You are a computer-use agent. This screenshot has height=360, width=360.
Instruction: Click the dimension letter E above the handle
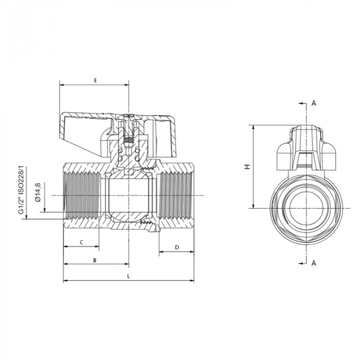tap(95, 81)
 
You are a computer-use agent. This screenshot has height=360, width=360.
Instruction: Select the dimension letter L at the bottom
tap(129, 276)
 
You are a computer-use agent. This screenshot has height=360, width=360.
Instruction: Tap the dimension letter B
tap(95, 260)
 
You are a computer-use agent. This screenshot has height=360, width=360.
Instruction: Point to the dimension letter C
tap(81, 242)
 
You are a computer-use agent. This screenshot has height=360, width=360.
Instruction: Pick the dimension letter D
tap(177, 247)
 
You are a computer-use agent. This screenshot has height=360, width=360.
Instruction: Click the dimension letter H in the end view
tap(247, 167)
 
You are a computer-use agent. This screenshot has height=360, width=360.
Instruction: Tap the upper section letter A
tap(314, 103)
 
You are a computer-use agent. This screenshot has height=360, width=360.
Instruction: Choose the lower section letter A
tap(314, 263)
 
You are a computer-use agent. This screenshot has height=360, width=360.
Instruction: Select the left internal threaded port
tap(82, 195)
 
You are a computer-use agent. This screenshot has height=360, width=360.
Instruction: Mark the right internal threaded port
tap(175, 195)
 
